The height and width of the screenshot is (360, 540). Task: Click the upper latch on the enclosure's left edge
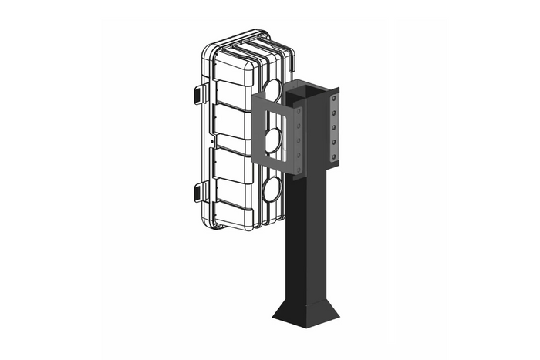pyautogui.click(x=195, y=93)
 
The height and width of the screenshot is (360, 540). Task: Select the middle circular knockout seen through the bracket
pyautogui.click(x=274, y=140)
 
